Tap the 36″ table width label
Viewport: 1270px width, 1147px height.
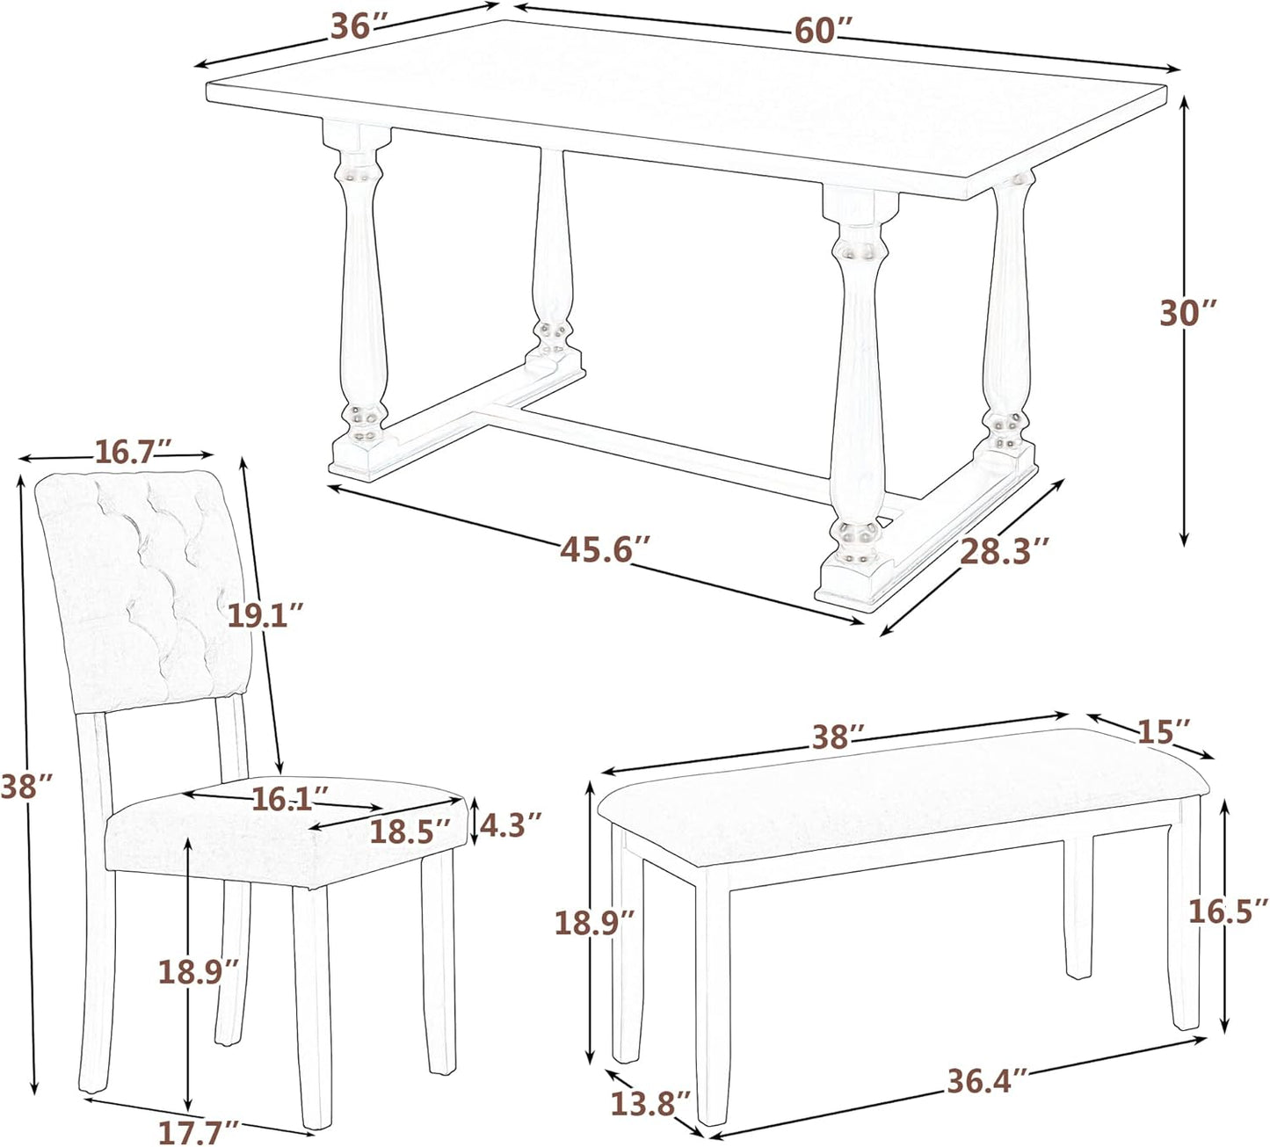[359, 27]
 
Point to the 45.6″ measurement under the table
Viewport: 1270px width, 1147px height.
[605, 550]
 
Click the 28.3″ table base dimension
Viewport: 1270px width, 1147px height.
[1004, 551]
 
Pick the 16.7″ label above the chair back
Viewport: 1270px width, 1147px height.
[124, 452]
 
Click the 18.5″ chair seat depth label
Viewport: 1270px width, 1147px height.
[410, 831]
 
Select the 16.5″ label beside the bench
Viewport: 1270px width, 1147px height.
[1228, 911]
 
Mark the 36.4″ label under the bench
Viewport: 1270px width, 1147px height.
[986, 1080]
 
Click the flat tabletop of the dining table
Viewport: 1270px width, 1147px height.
[686, 97]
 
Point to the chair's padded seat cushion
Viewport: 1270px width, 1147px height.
[264, 835]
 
